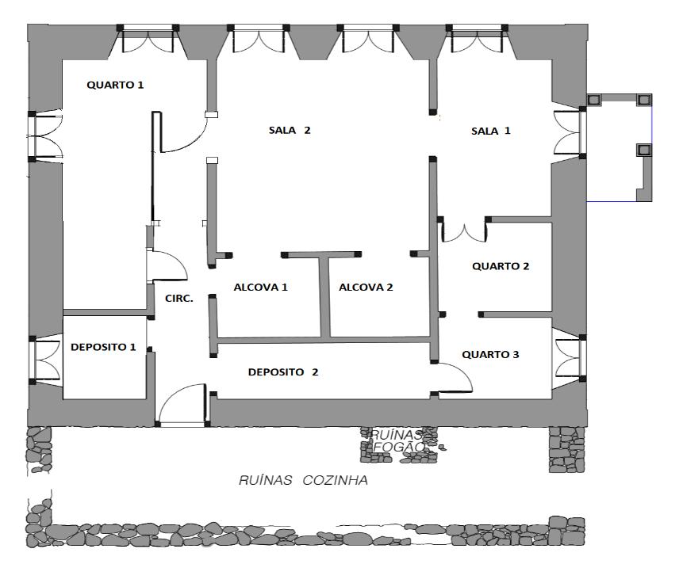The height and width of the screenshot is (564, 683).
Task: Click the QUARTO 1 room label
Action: click(115, 85)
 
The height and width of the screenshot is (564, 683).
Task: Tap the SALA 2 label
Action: click(290, 130)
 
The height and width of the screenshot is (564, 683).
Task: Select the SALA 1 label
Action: click(490, 131)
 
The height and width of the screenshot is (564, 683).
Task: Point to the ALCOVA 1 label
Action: click(260, 287)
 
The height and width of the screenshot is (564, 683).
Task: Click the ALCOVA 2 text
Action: click(366, 287)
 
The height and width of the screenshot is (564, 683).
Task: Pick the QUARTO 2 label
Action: click(501, 266)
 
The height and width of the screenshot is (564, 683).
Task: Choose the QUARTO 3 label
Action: click(490, 354)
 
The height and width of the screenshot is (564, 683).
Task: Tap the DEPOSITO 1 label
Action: click(103, 347)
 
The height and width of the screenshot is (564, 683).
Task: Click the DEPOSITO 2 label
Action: click(283, 372)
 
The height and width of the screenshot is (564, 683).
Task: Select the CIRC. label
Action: click(179, 299)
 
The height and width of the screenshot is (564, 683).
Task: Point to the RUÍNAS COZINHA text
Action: click(303, 480)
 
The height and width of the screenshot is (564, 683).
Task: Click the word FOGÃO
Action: click(399, 447)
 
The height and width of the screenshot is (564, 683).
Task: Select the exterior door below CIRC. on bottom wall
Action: click(182, 403)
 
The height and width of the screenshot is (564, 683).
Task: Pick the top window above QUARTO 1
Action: click(148, 39)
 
